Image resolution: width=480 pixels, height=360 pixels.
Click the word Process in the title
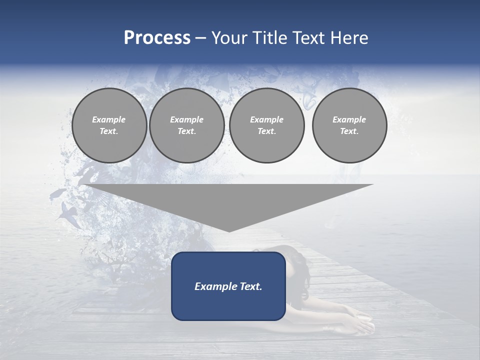click(157, 38)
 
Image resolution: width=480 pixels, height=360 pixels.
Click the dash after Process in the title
click(200, 39)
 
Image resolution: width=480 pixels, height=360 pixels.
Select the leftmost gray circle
click(109, 125)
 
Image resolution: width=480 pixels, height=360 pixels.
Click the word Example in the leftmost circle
click(109, 119)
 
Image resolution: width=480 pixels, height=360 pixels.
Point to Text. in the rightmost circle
click(349, 131)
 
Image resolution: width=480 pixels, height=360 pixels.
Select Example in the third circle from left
click(267, 119)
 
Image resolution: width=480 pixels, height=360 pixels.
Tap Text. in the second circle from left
click(187, 131)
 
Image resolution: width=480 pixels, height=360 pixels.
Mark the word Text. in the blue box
click(249, 286)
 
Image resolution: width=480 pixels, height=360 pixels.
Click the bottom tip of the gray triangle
click(229, 231)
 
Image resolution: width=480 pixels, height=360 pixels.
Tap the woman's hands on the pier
click(362, 325)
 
